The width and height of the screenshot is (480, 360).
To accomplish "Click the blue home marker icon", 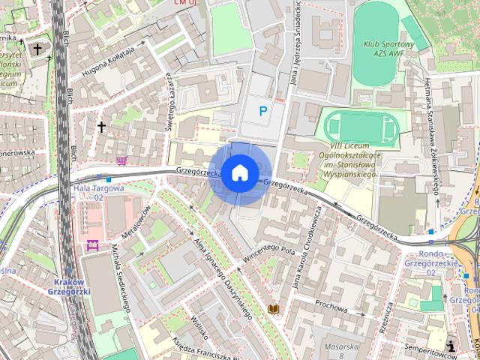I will [x=239, y=172].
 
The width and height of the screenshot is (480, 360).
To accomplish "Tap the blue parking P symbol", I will [x=262, y=112].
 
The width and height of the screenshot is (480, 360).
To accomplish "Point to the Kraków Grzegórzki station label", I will [x=69, y=286].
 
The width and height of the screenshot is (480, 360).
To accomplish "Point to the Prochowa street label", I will [x=331, y=307].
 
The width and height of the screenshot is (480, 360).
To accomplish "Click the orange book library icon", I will [x=274, y=308].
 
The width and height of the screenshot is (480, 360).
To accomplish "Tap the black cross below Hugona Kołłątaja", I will [x=101, y=127].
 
